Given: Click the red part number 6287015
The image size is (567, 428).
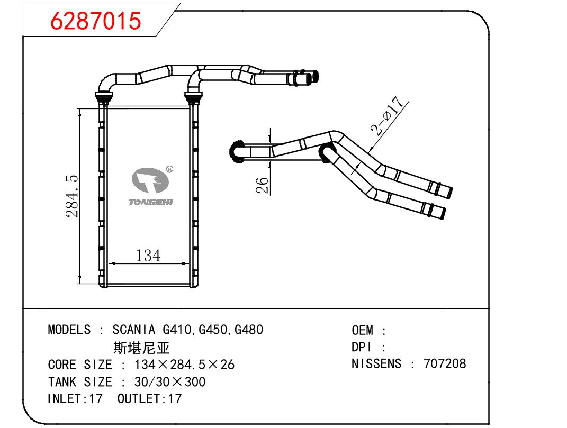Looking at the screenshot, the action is [95, 20].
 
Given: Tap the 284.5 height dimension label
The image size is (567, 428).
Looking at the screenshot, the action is [72, 196].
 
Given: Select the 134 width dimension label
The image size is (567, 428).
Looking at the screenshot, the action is [148, 256].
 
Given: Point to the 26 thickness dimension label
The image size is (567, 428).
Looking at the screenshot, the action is [263, 185].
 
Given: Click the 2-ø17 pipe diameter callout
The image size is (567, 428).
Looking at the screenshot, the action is [387, 116].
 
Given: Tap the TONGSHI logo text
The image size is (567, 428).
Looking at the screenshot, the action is [151, 203].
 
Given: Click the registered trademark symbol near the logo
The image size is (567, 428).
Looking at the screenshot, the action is [169, 169].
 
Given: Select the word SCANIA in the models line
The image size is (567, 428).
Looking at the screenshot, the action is [134, 330].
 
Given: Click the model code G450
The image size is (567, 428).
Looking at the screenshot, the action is [213, 330].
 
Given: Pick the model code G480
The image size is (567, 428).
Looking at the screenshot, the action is [249, 330].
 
